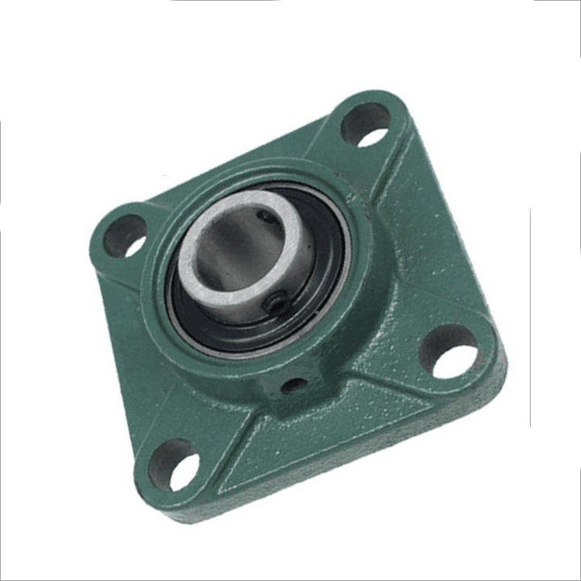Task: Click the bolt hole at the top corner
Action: tap(364, 125)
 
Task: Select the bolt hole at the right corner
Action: tap(453, 352)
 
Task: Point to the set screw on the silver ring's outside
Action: tap(275, 305)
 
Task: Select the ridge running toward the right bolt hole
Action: tap(403, 325)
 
